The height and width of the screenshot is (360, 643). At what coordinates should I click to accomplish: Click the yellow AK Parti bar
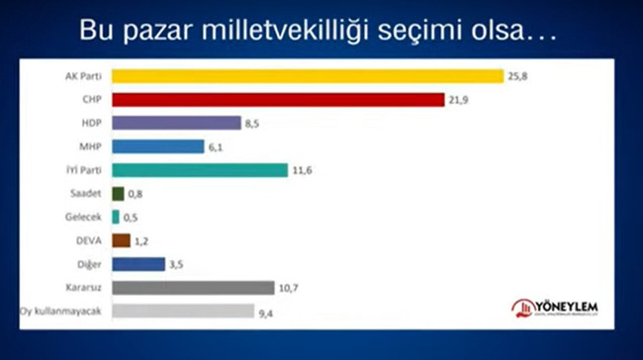(307, 76)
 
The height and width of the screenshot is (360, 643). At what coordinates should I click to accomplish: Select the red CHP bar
(278, 99)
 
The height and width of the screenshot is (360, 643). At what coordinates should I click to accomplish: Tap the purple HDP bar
(176, 123)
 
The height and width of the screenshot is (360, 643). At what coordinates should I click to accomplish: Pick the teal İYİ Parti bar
(199, 170)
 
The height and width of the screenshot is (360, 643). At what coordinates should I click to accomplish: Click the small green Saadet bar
(118, 194)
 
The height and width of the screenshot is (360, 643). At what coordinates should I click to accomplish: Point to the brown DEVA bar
(121, 240)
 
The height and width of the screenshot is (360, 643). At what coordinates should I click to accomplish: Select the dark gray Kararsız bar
(193, 288)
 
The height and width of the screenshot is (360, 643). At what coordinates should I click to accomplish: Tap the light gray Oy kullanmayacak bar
(183, 312)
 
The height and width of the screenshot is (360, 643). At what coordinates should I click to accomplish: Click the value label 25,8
(518, 76)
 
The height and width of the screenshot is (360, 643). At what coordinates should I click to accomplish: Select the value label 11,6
(304, 171)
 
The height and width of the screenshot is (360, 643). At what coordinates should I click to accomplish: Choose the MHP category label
(91, 146)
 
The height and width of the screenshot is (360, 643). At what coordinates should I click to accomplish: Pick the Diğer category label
(89, 264)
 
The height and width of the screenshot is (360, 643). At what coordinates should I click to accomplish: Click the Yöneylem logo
(553, 308)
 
